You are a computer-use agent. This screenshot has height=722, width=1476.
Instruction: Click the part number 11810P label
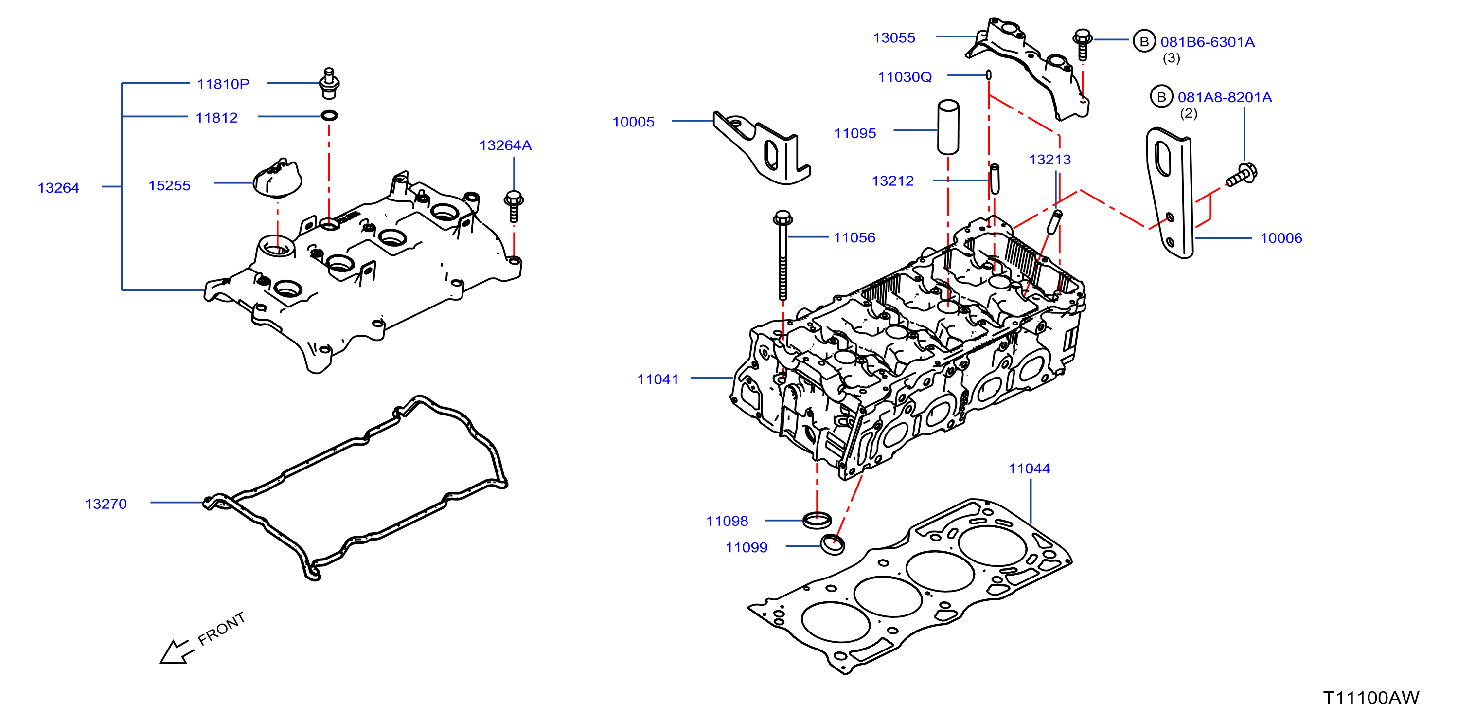(x=223, y=84)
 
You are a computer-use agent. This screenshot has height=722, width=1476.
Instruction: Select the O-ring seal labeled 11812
(x=329, y=116)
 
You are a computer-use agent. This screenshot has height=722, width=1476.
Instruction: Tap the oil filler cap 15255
(x=278, y=178)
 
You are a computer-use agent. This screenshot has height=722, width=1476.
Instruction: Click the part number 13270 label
(x=106, y=504)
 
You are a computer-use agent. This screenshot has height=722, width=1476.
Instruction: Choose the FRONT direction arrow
(x=174, y=652)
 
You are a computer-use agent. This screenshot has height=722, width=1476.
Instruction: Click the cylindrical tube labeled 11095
(x=948, y=127)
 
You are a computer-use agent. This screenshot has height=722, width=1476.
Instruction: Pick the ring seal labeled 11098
(x=817, y=521)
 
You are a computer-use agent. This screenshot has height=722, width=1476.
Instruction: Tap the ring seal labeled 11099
(x=833, y=544)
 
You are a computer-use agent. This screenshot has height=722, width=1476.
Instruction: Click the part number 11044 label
(x=1029, y=469)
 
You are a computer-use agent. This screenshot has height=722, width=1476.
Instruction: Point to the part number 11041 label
(x=658, y=379)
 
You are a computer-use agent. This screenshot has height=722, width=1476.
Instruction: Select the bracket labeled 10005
(x=762, y=148)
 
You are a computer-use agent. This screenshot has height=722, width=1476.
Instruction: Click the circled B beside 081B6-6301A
(x=1144, y=41)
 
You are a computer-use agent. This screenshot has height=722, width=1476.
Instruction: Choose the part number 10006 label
(x=1281, y=238)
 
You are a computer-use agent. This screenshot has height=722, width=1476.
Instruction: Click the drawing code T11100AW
(x=1371, y=698)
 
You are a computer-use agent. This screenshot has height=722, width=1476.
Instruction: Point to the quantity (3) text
(x=1171, y=58)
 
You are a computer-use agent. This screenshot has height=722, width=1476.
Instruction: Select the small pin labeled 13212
(x=995, y=179)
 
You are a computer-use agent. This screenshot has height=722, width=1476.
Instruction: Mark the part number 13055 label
(x=894, y=38)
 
